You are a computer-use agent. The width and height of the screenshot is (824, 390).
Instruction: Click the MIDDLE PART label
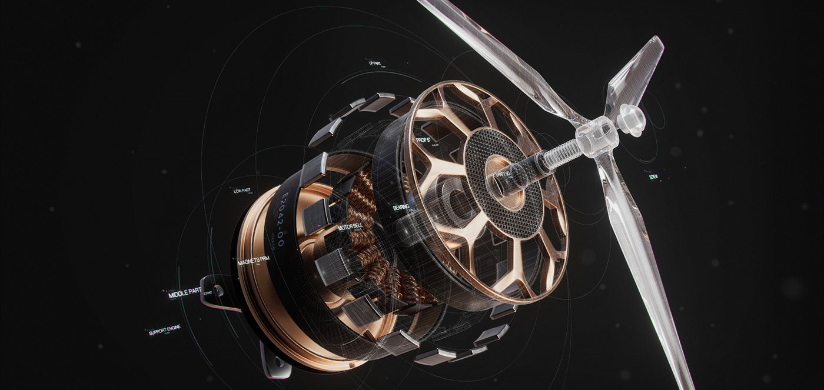tap(185, 293)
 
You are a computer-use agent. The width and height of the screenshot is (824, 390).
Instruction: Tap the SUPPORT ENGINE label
tap(165, 329)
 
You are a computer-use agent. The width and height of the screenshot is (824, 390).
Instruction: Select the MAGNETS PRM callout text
tap(253, 253)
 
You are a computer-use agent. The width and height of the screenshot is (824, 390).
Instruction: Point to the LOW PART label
tap(242, 191)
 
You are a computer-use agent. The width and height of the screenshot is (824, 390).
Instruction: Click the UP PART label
tap(374, 63)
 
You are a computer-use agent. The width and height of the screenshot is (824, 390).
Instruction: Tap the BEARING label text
tap(404, 207)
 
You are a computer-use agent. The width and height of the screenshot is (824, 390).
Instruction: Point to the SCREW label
tap(653, 175)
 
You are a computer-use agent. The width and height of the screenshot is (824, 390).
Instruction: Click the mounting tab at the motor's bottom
tap(274, 362)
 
